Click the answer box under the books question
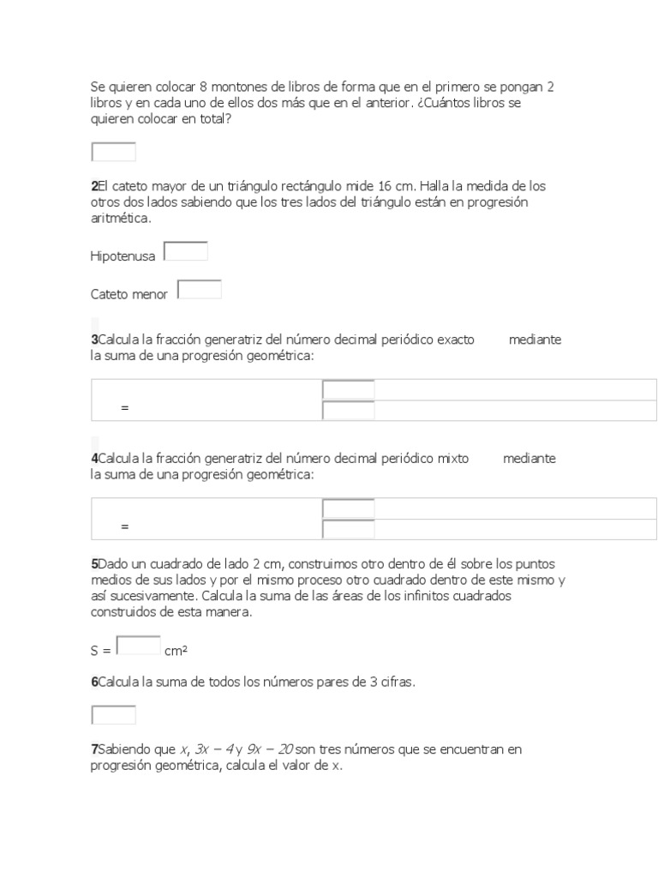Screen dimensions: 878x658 pyautogui.click(x=113, y=152)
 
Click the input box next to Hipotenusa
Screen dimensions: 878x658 pyautogui.click(x=186, y=251)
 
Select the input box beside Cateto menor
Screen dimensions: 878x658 pyautogui.click(x=200, y=291)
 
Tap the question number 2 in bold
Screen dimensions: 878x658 pyautogui.click(x=94, y=186)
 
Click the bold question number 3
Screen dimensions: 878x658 pyautogui.click(x=94, y=340)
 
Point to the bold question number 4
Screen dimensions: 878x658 pyautogui.click(x=94, y=459)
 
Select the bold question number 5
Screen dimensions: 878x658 pyautogui.click(x=94, y=564)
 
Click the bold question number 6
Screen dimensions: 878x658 pyautogui.click(x=94, y=682)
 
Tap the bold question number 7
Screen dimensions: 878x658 pyautogui.click(x=94, y=749)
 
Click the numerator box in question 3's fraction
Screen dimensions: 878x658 pyautogui.click(x=349, y=390)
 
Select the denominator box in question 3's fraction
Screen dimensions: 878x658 pyautogui.click(x=349, y=411)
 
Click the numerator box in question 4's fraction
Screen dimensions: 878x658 pyautogui.click(x=349, y=508)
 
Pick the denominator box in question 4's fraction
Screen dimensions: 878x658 pyautogui.click(x=349, y=529)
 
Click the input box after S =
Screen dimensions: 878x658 pyautogui.click(x=138, y=645)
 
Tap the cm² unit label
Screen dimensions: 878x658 pyautogui.click(x=176, y=651)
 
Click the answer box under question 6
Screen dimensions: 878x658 pyautogui.click(x=113, y=714)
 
